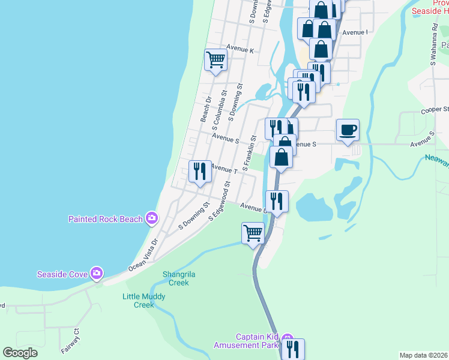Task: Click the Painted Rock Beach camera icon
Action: pyautogui.click(x=152, y=218)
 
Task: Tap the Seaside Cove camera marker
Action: pyautogui.click(x=96, y=274)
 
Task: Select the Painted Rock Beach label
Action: pyautogui.click(x=106, y=219)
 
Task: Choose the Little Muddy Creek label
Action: pyautogui.click(x=143, y=301)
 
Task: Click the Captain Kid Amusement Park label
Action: pyautogui.click(x=248, y=341)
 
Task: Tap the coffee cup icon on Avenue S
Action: pyautogui.click(x=348, y=130)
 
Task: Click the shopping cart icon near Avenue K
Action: pyautogui.click(x=215, y=59)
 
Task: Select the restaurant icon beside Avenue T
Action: pyautogui.click(x=200, y=172)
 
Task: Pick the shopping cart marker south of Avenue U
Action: pyautogui.click(x=253, y=233)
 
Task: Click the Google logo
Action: pyautogui.click(x=20, y=353)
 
